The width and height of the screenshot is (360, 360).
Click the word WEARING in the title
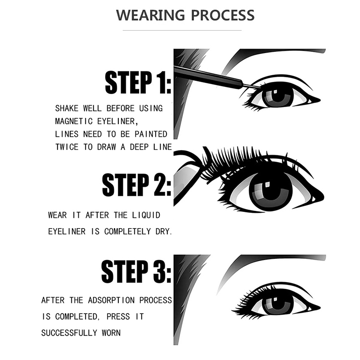(150, 15)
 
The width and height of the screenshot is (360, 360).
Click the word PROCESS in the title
(223, 15)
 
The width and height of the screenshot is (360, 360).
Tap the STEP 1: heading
(138, 82)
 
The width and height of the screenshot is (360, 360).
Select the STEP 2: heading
(137, 185)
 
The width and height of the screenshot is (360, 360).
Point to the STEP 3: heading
(136, 271)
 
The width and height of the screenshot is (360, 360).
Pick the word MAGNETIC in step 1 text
(74, 121)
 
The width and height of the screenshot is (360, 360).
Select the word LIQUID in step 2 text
(146, 215)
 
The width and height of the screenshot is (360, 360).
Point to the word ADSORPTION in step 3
(111, 300)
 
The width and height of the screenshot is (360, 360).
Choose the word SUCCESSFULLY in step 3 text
(69, 333)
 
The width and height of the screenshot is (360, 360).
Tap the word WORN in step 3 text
(111, 333)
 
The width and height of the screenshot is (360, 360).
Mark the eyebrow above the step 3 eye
(271, 264)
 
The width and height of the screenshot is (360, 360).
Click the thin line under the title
(182, 30)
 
